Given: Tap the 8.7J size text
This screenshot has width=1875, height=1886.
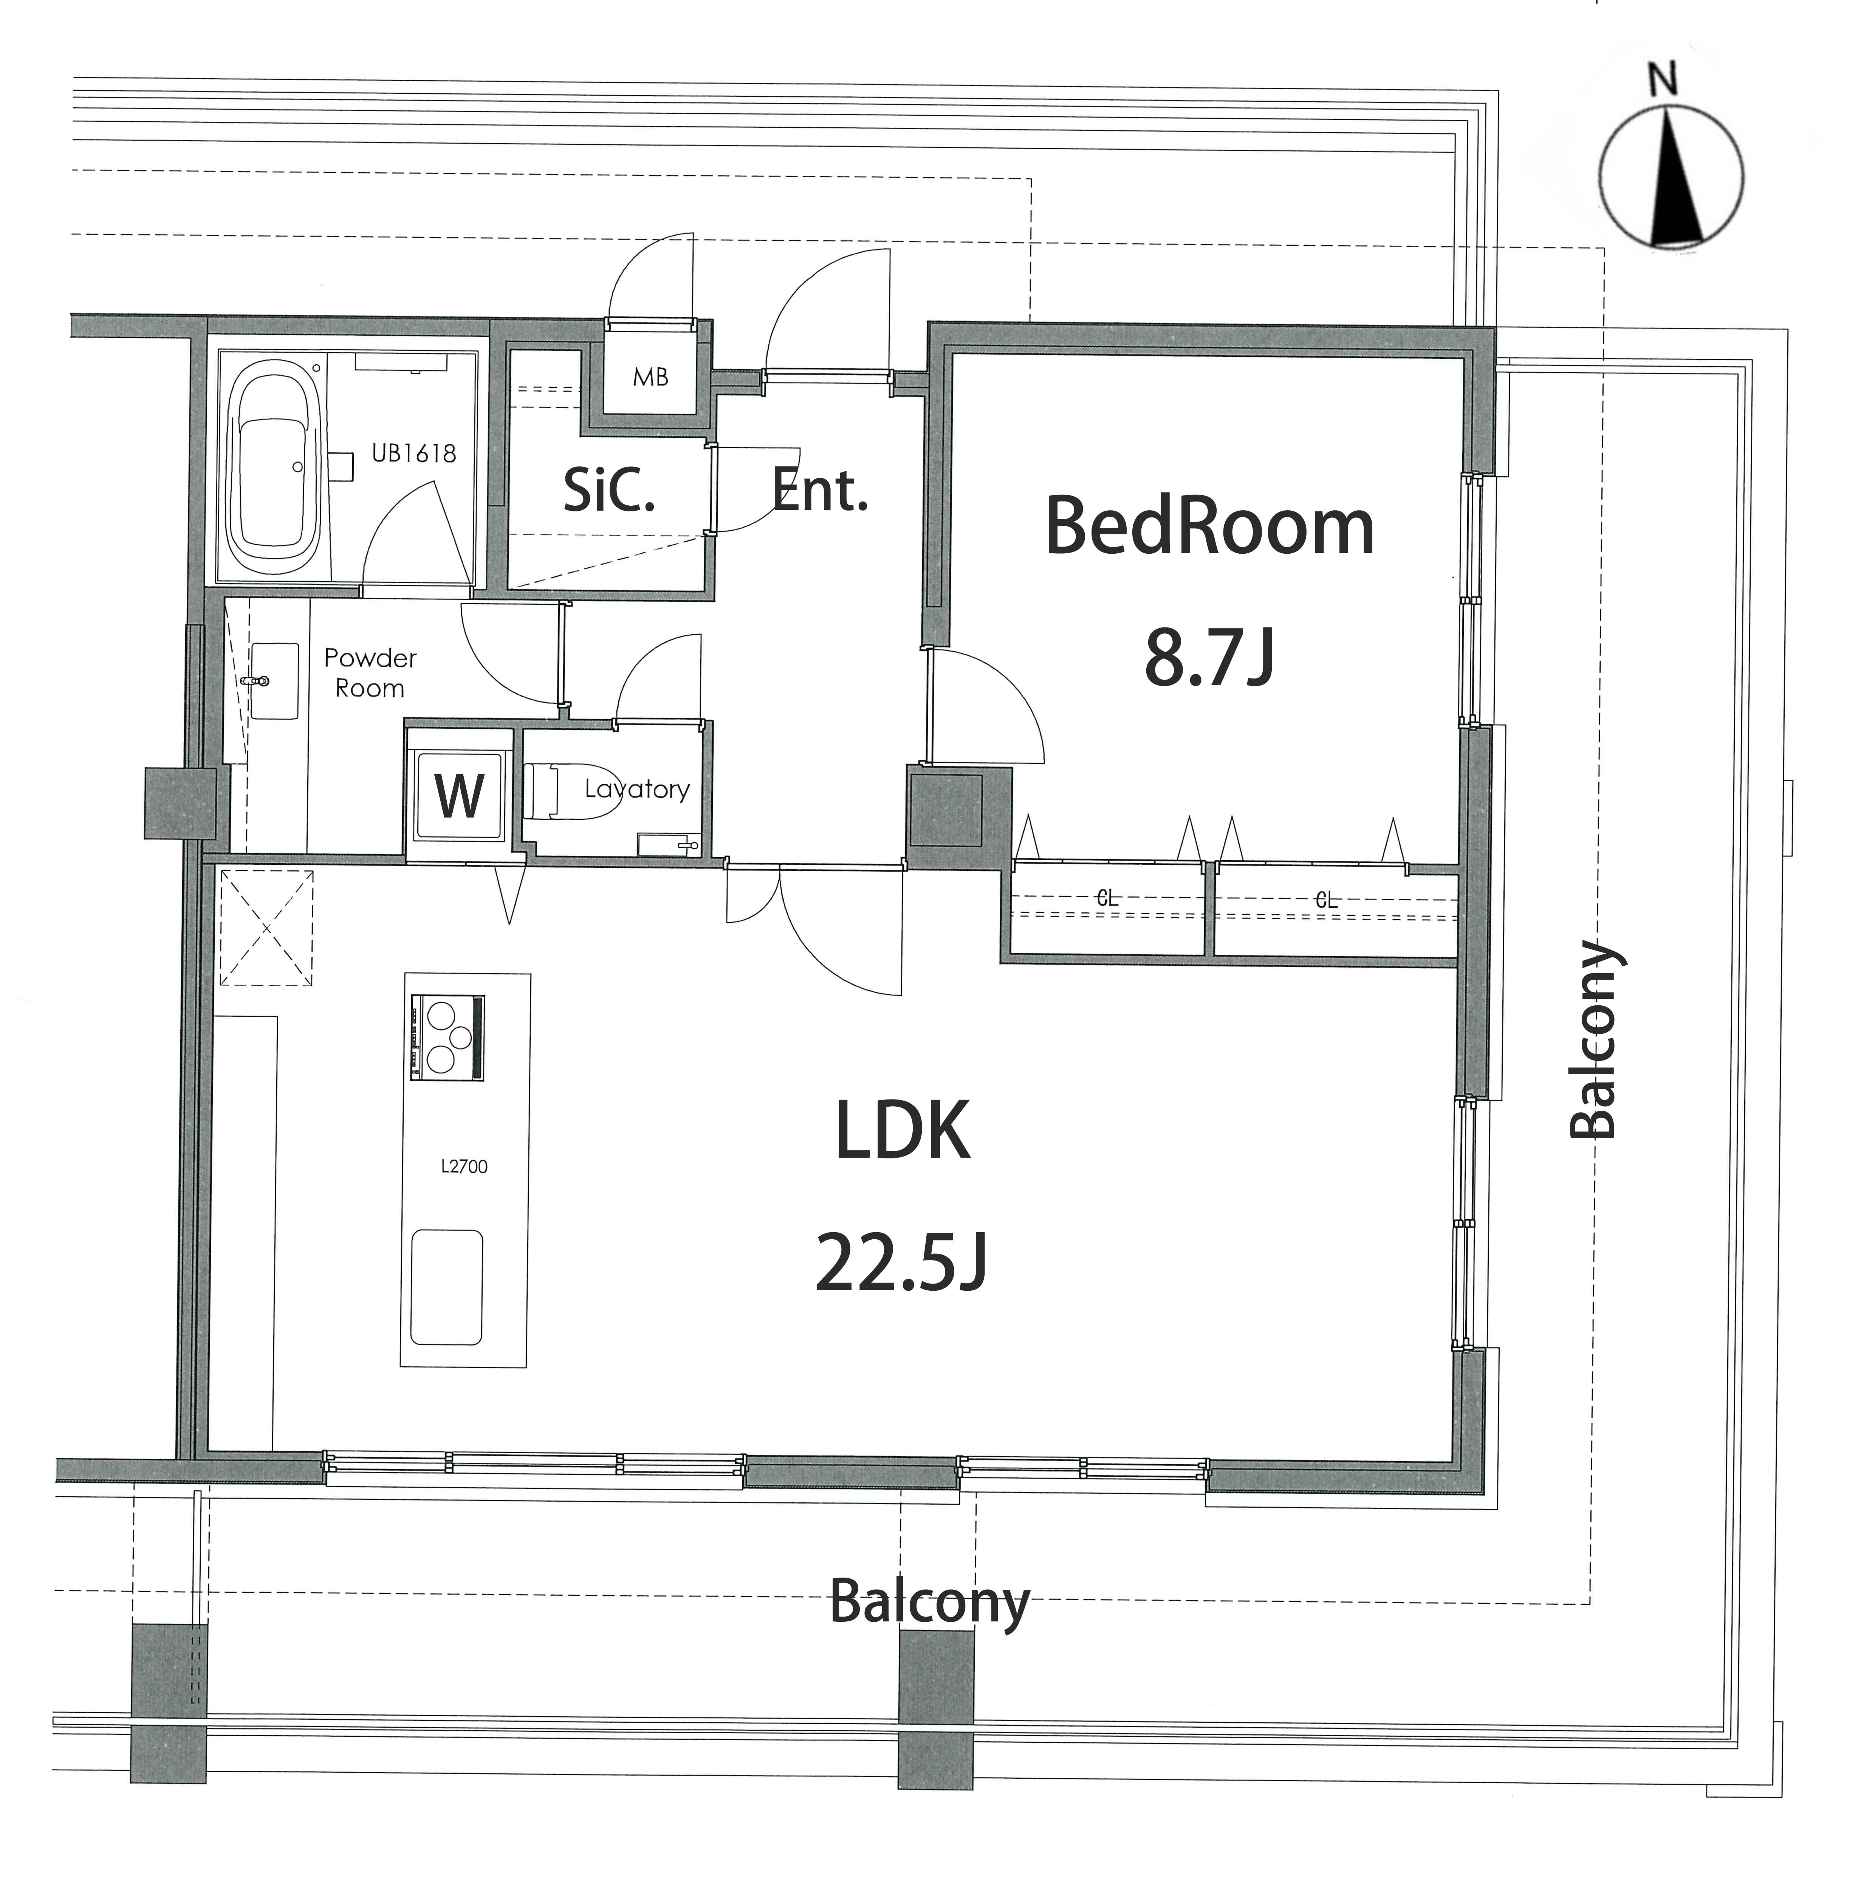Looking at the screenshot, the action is (x=1209, y=659).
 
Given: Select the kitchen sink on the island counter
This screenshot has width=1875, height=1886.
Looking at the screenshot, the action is (x=447, y=1287).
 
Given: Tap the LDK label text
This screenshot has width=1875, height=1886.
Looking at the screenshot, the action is (x=903, y=1130).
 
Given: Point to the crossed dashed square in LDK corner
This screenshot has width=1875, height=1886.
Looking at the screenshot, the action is (x=266, y=928).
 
